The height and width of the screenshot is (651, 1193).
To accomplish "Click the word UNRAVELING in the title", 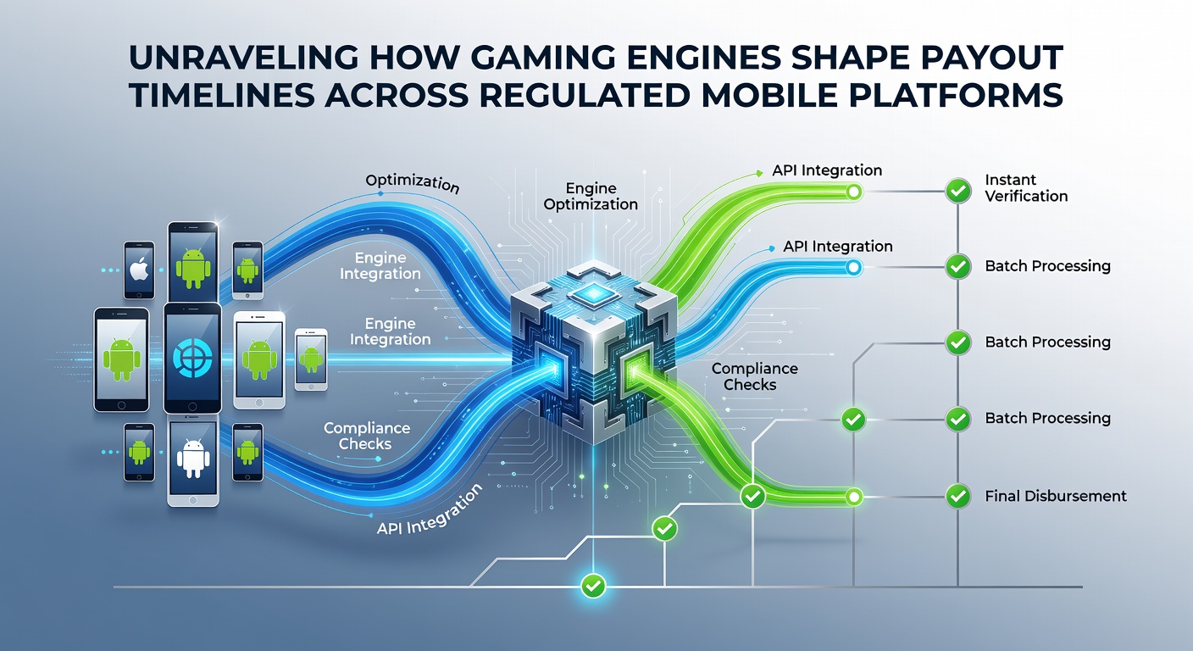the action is tap(243, 58).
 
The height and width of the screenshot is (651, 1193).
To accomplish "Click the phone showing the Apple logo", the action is tap(140, 270).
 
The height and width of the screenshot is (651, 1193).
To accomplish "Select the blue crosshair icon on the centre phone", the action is tap(193, 357).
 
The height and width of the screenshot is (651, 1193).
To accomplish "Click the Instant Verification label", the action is tap(1026, 187).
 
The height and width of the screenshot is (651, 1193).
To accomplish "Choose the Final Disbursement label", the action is tap(1056, 496).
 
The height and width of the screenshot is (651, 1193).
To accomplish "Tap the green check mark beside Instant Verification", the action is tap(957, 191).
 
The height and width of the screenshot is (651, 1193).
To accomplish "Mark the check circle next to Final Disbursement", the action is tap(957, 496).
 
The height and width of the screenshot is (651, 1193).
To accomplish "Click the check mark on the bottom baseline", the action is tap(593, 586).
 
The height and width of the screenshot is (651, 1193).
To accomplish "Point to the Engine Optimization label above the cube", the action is tap(591, 196).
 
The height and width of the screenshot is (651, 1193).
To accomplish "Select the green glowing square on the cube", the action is tap(636, 368).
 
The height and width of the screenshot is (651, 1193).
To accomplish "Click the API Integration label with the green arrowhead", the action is tap(827, 170).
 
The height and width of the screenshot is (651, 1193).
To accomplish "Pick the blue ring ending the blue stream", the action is tap(853, 266).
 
